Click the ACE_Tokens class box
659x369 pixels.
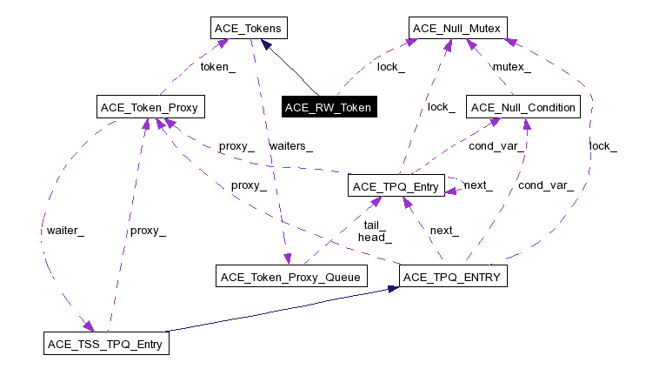click(x=249, y=29)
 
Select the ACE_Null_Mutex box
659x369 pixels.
click(x=457, y=29)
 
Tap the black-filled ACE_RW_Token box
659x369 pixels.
click(x=327, y=108)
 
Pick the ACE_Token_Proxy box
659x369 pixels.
click(x=150, y=108)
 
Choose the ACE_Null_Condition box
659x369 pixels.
click(x=523, y=108)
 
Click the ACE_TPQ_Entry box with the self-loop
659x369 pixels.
click(x=396, y=185)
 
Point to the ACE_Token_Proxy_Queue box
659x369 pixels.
click(x=292, y=277)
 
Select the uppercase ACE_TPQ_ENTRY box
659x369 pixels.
click(x=450, y=277)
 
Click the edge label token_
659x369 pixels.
click(x=217, y=66)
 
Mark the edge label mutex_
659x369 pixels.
click(x=512, y=66)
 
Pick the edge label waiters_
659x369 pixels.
click(x=290, y=145)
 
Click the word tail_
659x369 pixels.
click(x=375, y=225)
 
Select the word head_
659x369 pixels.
click(x=375, y=237)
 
